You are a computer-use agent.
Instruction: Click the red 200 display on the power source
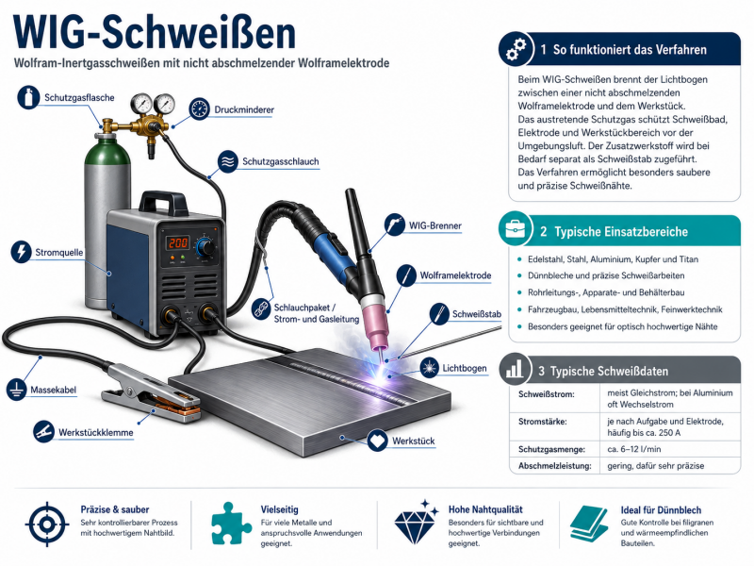pos(177,243)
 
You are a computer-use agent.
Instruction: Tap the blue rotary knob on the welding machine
pos(205,247)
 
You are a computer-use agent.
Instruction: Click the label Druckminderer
pos(244,109)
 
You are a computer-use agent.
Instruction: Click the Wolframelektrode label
pos(455,275)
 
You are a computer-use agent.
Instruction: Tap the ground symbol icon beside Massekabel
pos(16,389)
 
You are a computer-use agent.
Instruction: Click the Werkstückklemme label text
pos(96,432)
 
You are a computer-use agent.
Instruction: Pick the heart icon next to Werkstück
pos(377,441)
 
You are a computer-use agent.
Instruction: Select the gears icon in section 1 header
pos(516,49)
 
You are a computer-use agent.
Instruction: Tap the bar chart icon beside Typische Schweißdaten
pos(515,370)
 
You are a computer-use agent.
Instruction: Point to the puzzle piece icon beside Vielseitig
pos(230,524)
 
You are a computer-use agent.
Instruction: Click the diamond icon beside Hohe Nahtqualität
pos(416,523)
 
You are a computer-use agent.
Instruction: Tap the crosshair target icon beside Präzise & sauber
pos(46,524)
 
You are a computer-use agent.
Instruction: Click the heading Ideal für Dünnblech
pos(661,510)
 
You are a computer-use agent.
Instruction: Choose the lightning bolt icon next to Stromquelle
pos(21,251)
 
